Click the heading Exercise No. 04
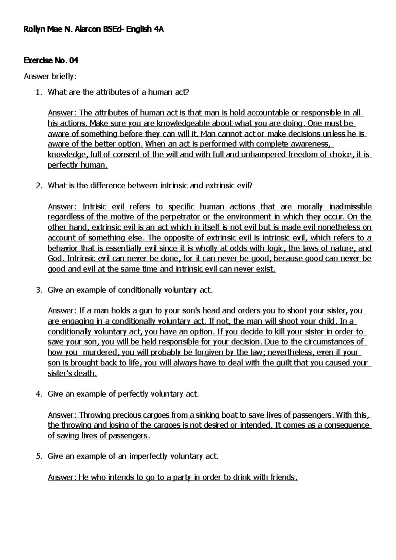51,61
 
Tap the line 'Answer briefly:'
50,77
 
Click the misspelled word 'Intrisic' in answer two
94,207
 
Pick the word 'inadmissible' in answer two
350,207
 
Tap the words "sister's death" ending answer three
72,373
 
